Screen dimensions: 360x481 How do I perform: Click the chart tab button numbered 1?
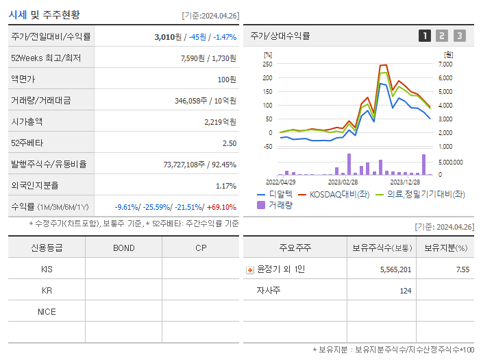pos(425,36)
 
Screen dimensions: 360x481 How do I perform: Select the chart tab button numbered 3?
pos(459,36)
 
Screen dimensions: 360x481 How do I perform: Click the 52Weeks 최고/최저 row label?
pos(46,58)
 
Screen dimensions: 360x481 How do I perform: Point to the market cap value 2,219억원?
pos(220,122)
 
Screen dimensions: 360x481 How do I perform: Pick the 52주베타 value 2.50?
pos(229,143)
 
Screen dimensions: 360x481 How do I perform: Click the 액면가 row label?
pos(23,80)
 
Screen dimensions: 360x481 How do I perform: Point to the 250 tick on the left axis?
pos(267,64)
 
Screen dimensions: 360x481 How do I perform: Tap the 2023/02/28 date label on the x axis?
pos(343,182)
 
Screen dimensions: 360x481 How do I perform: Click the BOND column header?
pos(123,248)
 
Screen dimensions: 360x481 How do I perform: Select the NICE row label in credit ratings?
pos(47,312)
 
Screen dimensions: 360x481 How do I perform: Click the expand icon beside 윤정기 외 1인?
pos(250,270)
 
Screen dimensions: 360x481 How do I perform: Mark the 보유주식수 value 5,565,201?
pos(395,270)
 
